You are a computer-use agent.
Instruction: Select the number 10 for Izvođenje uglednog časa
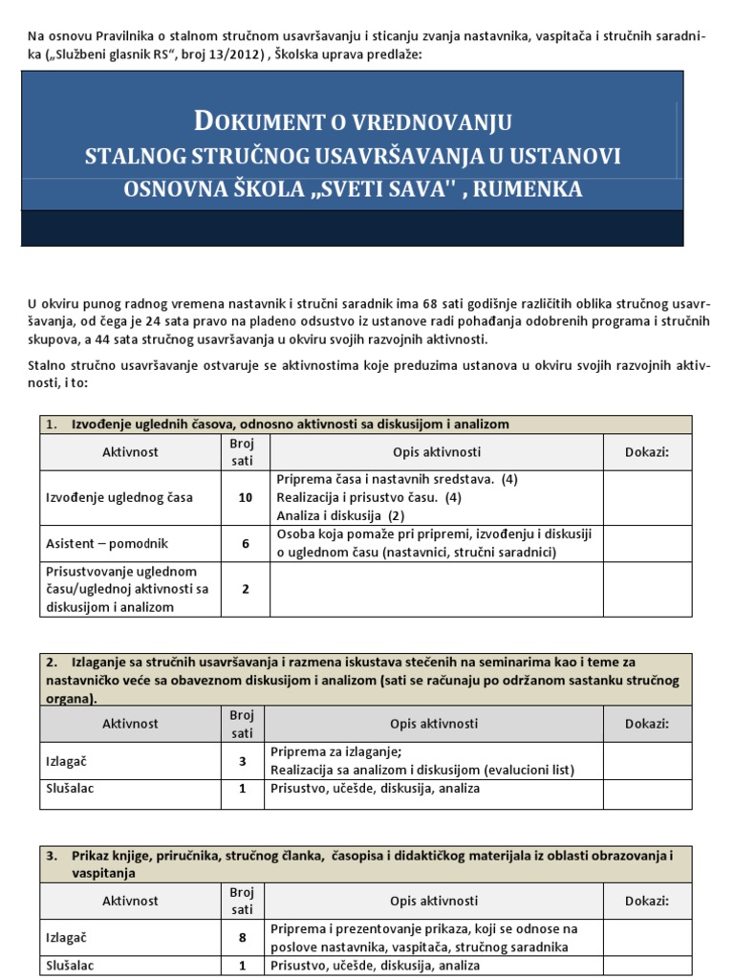point(245,497)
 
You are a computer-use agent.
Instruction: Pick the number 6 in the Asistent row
point(245,543)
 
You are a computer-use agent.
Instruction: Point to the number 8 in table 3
point(242,938)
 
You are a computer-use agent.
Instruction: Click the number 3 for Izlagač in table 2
point(242,762)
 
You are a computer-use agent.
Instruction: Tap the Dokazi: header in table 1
point(647,451)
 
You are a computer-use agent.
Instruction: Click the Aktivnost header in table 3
point(130,901)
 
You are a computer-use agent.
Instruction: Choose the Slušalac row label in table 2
point(72,789)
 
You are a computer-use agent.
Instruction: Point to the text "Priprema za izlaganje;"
point(336,751)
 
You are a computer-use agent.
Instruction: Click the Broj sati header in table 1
point(240,451)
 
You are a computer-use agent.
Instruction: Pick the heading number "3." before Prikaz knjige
point(53,855)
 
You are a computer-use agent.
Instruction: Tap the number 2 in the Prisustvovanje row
point(245,589)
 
